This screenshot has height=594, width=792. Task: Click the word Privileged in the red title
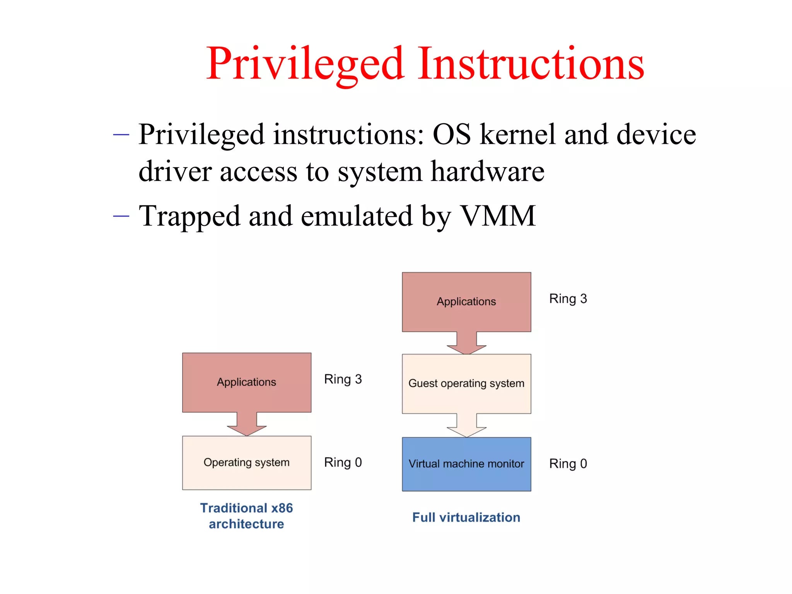(x=306, y=64)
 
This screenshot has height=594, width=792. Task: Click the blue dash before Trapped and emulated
(x=121, y=216)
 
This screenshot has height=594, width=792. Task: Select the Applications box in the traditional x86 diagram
(x=247, y=382)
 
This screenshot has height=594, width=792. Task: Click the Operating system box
(x=247, y=463)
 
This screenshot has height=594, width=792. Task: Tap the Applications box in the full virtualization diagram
(x=466, y=302)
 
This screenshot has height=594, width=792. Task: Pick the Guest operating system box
(x=466, y=384)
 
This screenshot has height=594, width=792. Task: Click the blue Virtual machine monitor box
(x=466, y=464)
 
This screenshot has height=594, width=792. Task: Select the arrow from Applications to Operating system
(x=247, y=425)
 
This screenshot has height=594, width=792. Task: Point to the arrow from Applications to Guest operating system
(x=466, y=343)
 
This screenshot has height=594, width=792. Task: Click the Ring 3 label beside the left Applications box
(x=343, y=379)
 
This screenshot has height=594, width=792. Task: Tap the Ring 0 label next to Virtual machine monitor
(x=568, y=464)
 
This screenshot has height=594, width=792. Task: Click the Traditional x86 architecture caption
(x=247, y=516)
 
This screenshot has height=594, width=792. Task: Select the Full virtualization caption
(x=466, y=517)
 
